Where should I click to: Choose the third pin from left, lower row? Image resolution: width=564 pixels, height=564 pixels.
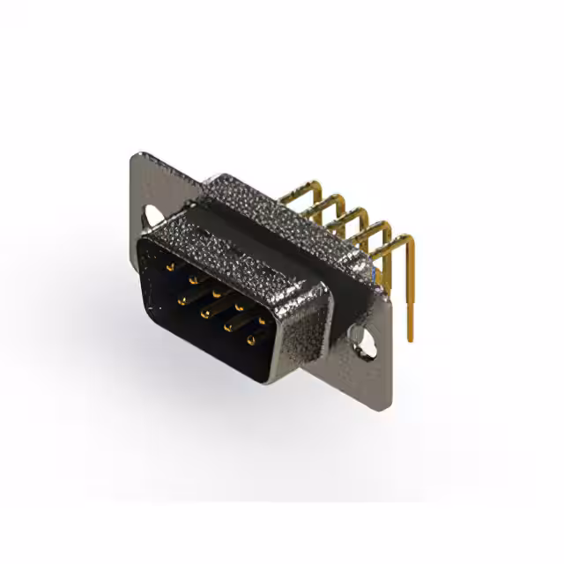click(x=228, y=328)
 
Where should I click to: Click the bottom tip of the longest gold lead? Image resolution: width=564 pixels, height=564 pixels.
click(x=410, y=339)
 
